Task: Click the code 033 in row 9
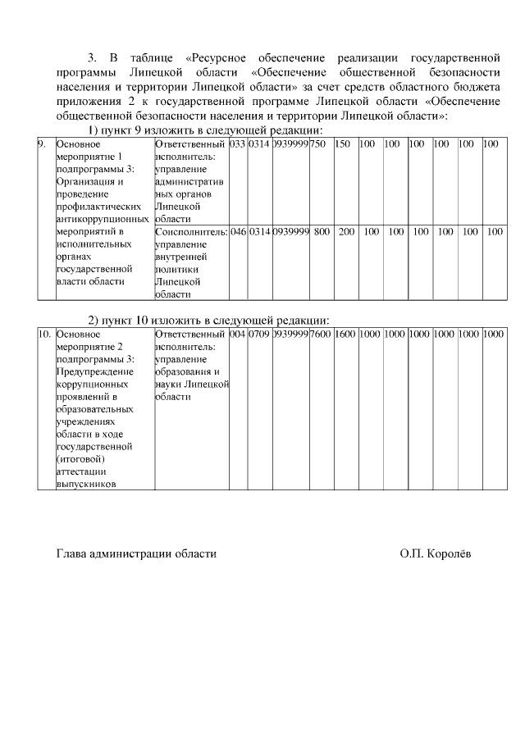(x=238, y=144)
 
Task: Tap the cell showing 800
(x=322, y=232)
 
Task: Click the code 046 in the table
(x=238, y=232)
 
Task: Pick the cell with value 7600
(x=321, y=334)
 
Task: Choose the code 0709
(x=259, y=334)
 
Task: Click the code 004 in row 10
(x=238, y=334)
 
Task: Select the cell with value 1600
(x=345, y=334)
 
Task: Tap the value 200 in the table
(x=346, y=232)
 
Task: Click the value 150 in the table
(x=343, y=144)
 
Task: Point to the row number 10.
(x=45, y=334)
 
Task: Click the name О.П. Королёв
(x=436, y=553)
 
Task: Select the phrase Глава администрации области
(x=136, y=553)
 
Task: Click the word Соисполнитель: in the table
(x=190, y=232)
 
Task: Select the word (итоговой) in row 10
(x=80, y=460)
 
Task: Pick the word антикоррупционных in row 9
(x=103, y=219)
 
